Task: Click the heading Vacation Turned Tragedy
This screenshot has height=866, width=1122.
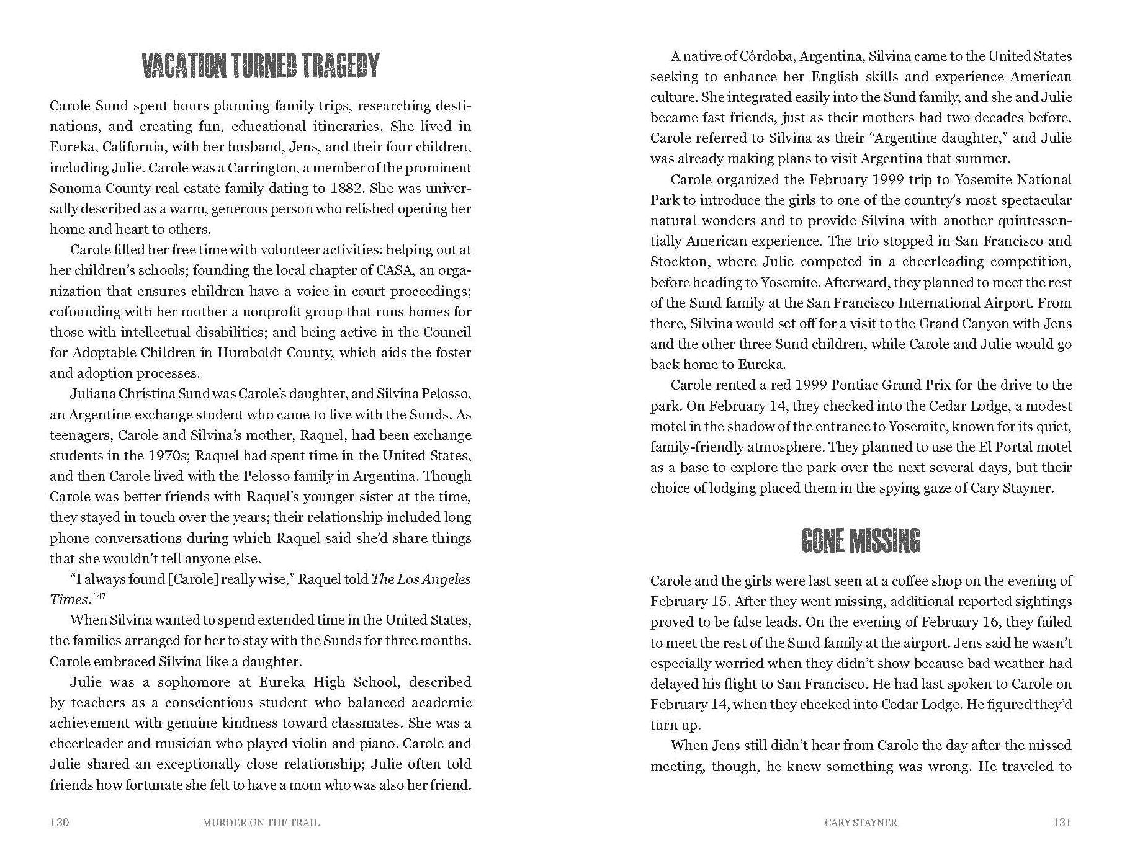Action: (260, 66)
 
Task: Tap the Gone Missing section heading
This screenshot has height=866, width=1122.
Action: (861, 540)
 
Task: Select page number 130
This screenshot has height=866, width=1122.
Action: (60, 823)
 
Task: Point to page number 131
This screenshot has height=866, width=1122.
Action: (1062, 823)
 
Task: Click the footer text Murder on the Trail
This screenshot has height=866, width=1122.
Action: (261, 823)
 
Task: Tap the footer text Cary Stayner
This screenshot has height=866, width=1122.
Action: (861, 823)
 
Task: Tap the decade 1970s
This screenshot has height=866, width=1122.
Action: (168, 455)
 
